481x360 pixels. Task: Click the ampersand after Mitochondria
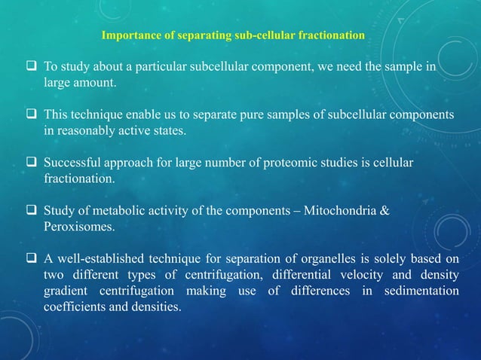[384, 211]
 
